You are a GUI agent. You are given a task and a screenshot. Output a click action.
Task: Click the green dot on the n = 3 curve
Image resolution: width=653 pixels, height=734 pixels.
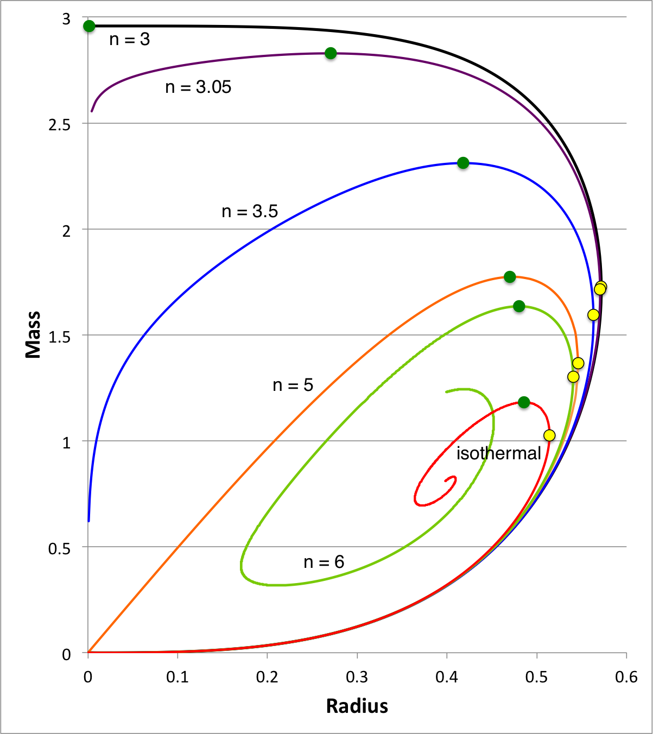click(x=89, y=26)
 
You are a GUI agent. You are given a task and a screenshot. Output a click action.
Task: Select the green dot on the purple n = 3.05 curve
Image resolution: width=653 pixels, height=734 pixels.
click(x=331, y=53)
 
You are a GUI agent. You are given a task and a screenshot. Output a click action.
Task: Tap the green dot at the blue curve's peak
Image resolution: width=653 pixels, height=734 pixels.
click(x=463, y=163)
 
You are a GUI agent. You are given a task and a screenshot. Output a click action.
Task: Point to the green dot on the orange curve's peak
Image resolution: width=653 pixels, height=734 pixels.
click(x=510, y=277)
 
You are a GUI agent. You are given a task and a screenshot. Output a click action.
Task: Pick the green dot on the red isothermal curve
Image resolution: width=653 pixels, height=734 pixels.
click(x=524, y=402)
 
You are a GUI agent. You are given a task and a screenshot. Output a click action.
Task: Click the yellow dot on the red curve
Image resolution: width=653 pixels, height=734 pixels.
click(x=549, y=435)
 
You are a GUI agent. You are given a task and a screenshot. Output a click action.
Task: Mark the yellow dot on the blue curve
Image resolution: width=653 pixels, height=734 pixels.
click(x=593, y=315)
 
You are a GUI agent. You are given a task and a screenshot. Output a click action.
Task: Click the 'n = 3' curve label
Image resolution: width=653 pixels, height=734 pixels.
click(x=129, y=40)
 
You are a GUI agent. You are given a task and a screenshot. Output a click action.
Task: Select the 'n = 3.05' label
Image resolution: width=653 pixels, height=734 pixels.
click(x=198, y=87)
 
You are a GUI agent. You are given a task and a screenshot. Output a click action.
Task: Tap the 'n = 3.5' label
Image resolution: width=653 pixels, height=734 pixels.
click(x=250, y=211)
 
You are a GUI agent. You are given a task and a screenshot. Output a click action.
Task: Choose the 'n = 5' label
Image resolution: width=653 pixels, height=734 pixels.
click(x=293, y=385)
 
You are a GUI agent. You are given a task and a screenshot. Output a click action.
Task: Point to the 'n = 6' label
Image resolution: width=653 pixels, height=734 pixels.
click(x=324, y=562)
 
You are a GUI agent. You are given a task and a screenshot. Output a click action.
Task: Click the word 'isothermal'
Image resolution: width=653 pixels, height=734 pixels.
click(x=498, y=453)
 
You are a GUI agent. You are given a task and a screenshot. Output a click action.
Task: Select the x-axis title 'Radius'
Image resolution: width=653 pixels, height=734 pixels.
click(x=357, y=706)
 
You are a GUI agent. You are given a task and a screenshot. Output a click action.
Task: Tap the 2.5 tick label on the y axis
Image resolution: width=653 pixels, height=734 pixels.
click(x=60, y=125)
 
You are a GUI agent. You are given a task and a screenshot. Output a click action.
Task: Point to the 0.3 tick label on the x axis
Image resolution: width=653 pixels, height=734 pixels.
click(x=357, y=677)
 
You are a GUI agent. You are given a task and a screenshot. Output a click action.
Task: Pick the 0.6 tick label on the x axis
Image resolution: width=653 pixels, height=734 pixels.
click(x=626, y=677)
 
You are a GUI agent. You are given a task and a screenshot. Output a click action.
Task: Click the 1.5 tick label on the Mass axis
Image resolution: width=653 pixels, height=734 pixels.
click(x=60, y=337)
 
